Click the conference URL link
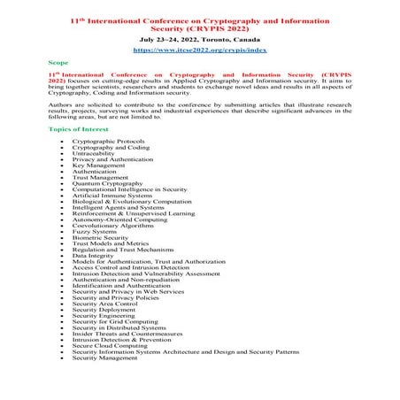199,50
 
